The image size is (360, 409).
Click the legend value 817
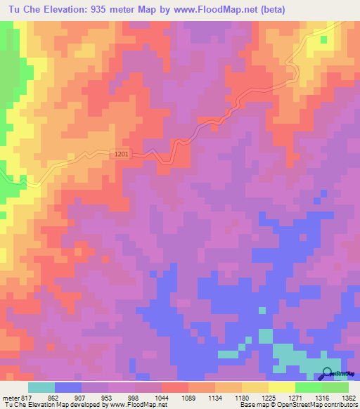click(x=28, y=397)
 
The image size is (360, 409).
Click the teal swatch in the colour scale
click(x=41, y=387)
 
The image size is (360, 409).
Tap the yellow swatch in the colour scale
click(x=282, y=387)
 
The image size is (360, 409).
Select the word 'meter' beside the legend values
click(x=11, y=397)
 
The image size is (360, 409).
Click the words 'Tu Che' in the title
click(x=20, y=9)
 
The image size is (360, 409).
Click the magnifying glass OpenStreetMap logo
click(x=328, y=372)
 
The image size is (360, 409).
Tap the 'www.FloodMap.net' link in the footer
click(x=134, y=405)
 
